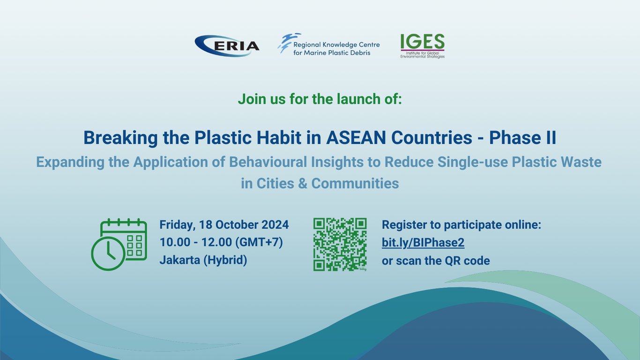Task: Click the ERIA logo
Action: (x=227, y=46)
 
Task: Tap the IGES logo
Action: (x=423, y=46)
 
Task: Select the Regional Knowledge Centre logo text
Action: (x=336, y=49)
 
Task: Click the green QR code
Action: (x=340, y=245)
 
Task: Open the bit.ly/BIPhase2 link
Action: (x=423, y=242)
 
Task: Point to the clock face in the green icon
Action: (x=108, y=253)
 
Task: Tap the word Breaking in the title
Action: (x=120, y=138)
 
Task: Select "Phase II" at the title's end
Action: (x=522, y=137)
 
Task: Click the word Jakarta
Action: (x=179, y=260)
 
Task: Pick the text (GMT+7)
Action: (x=259, y=242)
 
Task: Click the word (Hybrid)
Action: (x=225, y=260)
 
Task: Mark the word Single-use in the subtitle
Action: (x=473, y=162)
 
